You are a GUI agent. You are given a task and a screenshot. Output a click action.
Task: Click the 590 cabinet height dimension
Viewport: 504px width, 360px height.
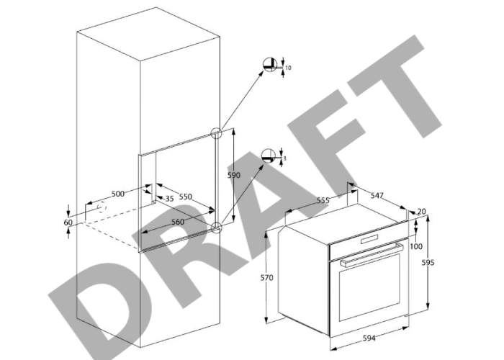click(234, 175)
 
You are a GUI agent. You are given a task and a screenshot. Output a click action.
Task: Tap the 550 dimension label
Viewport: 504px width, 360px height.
click(186, 197)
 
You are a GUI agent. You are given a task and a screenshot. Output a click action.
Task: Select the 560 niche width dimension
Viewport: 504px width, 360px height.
click(178, 222)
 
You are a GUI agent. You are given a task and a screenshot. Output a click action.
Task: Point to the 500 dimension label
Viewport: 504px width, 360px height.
click(118, 194)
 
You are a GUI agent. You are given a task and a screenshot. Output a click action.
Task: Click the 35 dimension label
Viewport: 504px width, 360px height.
click(169, 199)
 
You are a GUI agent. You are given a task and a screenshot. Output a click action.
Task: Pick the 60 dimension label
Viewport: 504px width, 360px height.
click(68, 222)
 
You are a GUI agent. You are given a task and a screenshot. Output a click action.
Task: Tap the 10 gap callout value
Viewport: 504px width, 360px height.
click(288, 68)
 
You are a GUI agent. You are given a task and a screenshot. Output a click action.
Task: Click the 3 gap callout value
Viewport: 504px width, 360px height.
click(285, 158)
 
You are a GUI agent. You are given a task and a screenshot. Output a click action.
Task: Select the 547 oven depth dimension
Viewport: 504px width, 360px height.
click(377, 195)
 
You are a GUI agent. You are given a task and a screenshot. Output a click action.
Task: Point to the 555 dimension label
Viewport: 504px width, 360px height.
click(323, 200)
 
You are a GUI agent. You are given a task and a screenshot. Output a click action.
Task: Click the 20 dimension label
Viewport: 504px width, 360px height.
click(421, 211)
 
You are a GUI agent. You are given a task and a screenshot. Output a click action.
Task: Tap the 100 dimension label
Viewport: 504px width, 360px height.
click(416, 246)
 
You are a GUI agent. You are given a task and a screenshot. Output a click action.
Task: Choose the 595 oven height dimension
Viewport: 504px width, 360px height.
click(428, 263)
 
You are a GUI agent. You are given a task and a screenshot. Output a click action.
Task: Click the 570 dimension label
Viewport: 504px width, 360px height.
click(267, 277)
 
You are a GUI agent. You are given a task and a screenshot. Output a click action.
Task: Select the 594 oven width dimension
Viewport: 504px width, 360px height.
click(369, 338)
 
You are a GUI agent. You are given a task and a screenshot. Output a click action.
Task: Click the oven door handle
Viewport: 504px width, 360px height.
click(372, 255)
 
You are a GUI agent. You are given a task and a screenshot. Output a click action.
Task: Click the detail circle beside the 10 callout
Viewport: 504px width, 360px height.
click(270, 66)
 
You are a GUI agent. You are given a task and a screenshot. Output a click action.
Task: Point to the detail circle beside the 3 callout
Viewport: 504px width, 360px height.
click(269, 156)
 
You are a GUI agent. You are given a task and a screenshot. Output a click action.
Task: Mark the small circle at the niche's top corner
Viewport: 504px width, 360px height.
click(216, 133)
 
